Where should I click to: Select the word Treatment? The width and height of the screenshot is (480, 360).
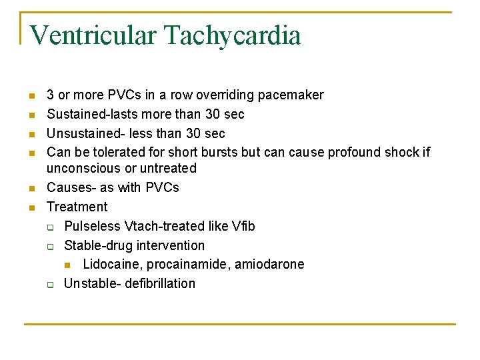77,207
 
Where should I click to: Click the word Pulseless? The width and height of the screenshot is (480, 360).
92,226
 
